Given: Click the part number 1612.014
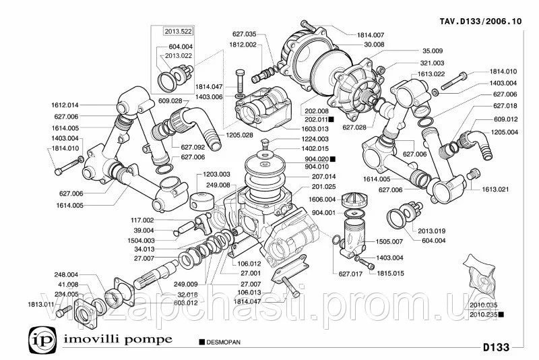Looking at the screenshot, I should (65, 105).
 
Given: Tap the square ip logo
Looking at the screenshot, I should (38, 337).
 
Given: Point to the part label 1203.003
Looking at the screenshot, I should (216, 173).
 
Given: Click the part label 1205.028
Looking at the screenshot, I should (240, 134).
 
